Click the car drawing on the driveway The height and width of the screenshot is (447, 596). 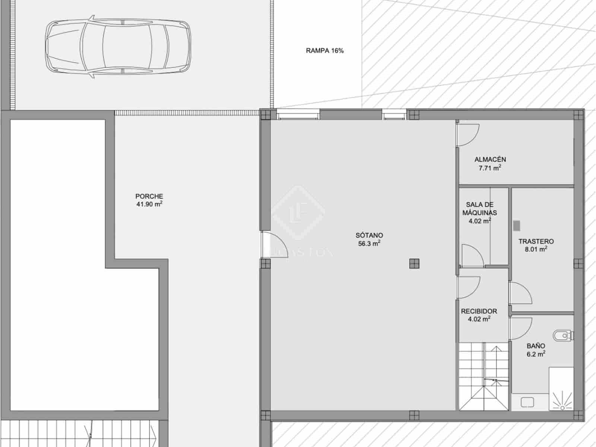(118, 46)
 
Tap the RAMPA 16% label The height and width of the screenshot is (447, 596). (324, 51)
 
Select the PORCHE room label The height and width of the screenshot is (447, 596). (149, 196)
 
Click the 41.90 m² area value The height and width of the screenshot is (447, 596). (149, 204)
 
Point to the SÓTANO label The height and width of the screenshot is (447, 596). (369, 235)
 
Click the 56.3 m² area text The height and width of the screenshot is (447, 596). (369, 244)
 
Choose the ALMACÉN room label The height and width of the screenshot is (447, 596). (490, 159)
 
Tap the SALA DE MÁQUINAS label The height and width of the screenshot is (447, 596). (479, 209)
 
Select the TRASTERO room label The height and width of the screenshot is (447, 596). (536, 241)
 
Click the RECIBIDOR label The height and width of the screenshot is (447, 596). (479, 311)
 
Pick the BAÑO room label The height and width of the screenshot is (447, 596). (536, 346)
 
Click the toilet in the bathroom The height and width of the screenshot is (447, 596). (562, 336)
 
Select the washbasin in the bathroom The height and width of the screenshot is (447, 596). (527, 402)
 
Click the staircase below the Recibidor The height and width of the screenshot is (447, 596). (483, 376)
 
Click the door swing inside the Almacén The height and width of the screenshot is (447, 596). (467, 134)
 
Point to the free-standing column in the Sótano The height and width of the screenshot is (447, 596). (414, 264)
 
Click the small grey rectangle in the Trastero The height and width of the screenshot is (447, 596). (517, 225)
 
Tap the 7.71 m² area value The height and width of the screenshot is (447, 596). (489, 168)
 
